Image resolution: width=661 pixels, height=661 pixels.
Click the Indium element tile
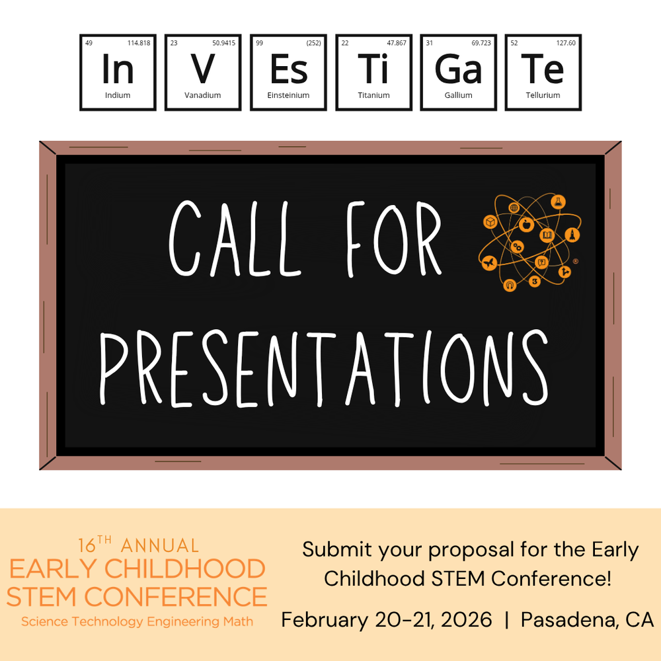point(118,73)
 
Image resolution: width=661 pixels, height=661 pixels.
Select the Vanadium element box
point(203,73)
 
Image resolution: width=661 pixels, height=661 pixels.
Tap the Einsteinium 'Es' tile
point(288,73)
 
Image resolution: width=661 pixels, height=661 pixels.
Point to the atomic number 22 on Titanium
point(345,43)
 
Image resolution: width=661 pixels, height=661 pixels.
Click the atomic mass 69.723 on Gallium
point(481,43)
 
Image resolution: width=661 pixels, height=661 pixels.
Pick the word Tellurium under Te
point(543,95)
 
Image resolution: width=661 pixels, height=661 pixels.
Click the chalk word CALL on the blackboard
point(235,239)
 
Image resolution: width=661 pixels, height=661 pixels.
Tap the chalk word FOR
point(394,239)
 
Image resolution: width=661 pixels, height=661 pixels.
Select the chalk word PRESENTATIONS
point(324,369)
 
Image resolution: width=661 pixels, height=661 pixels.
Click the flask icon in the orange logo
point(558,202)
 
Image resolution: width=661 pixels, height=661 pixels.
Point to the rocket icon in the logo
point(572,235)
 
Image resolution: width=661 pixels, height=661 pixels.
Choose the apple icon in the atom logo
point(525,225)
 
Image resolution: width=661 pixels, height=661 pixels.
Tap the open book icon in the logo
point(547,235)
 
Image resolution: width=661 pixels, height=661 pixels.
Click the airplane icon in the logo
point(489,263)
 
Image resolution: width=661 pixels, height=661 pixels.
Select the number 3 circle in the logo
point(535,281)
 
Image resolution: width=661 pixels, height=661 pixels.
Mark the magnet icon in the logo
point(510,286)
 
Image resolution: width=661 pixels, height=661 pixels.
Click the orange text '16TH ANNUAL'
point(138,545)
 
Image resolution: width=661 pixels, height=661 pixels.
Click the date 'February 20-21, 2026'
point(387,620)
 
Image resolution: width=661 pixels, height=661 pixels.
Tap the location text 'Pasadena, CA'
point(587,620)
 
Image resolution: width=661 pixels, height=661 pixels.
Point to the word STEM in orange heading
point(44,597)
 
